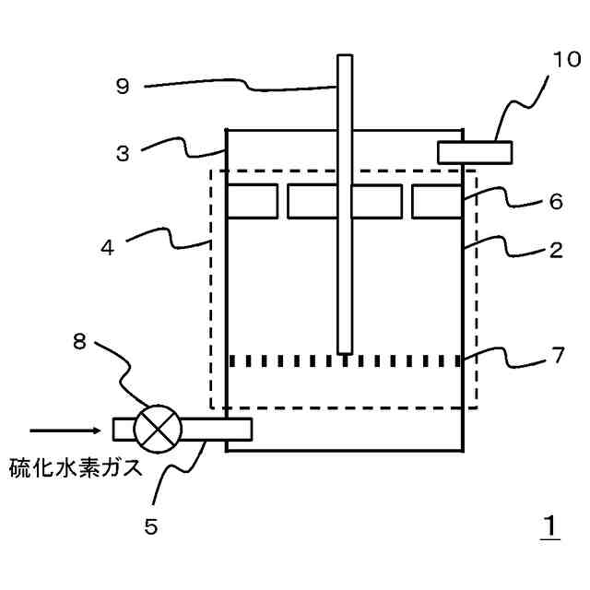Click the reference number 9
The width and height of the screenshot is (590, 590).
click(123, 87)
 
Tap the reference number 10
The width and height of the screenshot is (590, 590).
click(567, 61)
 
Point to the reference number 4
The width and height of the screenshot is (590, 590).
click(108, 248)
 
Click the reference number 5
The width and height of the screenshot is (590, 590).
click(151, 526)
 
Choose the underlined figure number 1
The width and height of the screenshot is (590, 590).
click(549, 527)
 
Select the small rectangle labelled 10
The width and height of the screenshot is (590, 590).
click(474, 151)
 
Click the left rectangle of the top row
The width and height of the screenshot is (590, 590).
click(252, 202)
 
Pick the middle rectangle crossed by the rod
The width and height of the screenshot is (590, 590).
click(344, 202)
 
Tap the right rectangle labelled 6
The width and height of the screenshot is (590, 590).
click(436, 202)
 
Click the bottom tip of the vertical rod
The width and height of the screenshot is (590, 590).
click(345, 351)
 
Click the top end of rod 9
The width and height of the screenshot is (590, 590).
click(345, 58)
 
